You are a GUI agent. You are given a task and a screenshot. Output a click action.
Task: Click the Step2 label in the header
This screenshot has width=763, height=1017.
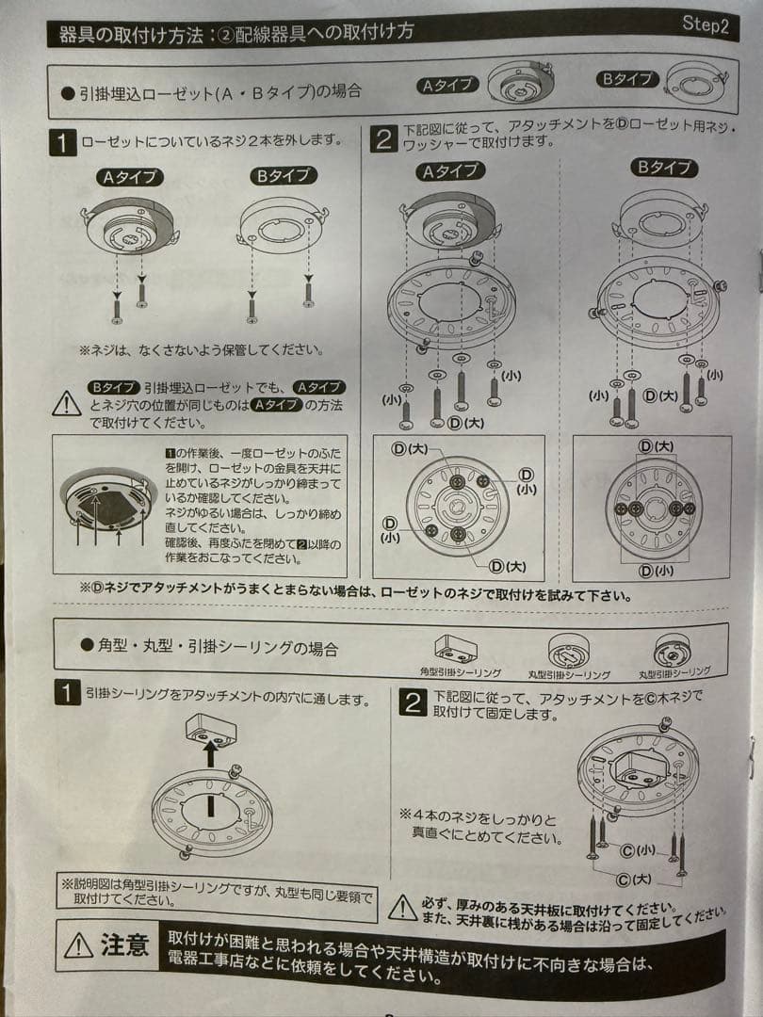pyautogui.click(x=705, y=24)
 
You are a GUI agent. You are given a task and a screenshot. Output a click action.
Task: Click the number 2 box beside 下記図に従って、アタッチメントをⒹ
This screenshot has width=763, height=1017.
pyautogui.click(x=382, y=140)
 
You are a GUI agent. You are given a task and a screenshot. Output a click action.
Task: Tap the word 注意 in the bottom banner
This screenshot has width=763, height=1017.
pyautogui.click(x=124, y=945)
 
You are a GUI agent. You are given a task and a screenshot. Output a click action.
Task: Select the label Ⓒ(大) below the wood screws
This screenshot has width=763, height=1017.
pyautogui.click(x=637, y=878)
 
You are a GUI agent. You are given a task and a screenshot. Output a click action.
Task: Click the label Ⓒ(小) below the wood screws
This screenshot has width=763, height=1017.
pyautogui.click(x=639, y=850)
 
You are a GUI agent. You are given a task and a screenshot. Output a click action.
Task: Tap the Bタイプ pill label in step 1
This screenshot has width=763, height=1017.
pyautogui.click(x=284, y=175)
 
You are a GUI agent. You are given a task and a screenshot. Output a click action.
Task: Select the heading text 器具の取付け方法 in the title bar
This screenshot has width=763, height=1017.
pyautogui.click(x=129, y=36)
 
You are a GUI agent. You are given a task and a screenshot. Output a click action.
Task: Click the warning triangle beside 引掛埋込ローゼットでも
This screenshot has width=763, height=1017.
pyautogui.click(x=66, y=404)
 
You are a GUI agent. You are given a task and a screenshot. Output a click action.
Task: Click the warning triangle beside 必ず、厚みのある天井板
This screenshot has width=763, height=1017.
pyautogui.click(x=403, y=907)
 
